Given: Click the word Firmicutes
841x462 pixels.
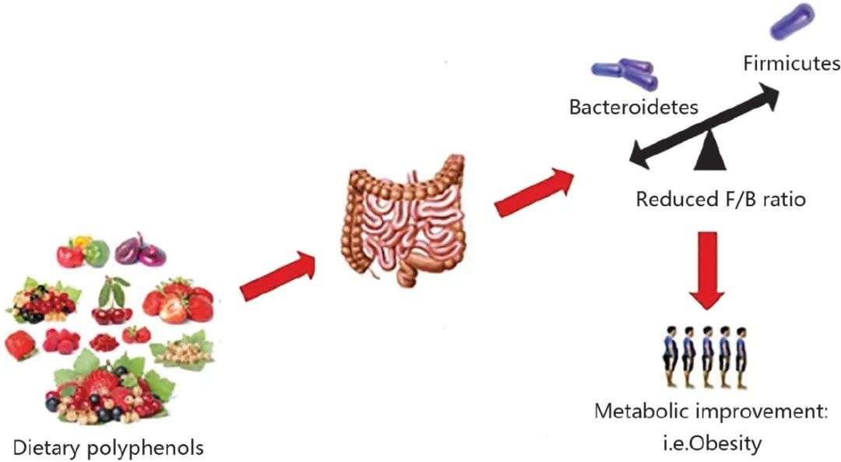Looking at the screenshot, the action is click(x=792, y=63).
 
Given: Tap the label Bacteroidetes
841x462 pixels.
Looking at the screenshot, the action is click(x=633, y=107).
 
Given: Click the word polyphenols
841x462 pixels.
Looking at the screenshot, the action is click(x=144, y=448).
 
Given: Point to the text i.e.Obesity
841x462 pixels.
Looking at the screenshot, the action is click(x=711, y=443).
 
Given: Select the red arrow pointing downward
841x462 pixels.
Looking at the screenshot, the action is click(x=707, y=270).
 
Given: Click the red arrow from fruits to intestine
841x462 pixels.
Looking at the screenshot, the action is click(x=278, y=275).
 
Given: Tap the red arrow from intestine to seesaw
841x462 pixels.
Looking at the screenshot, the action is click(x=533, y=192).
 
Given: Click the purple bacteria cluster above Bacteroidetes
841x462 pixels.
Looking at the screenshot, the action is click(x=625, y=74).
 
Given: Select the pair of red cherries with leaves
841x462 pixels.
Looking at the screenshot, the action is click(x=113, y=300).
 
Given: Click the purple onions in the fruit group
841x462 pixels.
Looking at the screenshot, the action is click(x=140, y=250).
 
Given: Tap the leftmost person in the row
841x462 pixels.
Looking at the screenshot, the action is click(x=670, y=357).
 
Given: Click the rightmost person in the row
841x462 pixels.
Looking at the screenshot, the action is click(x=741, y=358).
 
